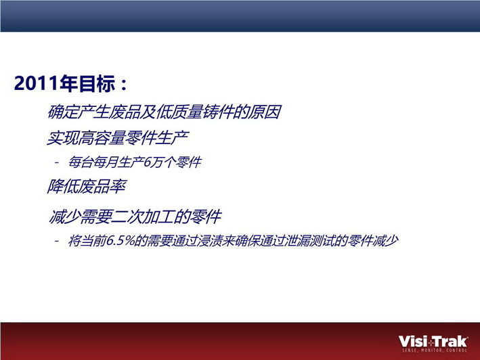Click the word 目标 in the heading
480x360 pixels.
pos(97,83)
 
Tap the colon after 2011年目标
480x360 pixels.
pos(124,85)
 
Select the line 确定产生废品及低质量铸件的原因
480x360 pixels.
pos(165,112)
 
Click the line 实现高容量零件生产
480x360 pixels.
pos(118,137)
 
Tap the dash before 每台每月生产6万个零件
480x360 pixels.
pos(57,162)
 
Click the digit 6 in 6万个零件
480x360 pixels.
pos(147,162)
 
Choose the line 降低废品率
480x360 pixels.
pos(87,186)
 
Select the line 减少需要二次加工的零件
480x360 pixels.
pos(135,217)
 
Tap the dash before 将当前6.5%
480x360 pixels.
pos(57,241)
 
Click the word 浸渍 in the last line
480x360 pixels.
pos(209,241)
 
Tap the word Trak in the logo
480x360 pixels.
pos(450,341)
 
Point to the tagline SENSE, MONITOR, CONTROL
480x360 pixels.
pos(435,351)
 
